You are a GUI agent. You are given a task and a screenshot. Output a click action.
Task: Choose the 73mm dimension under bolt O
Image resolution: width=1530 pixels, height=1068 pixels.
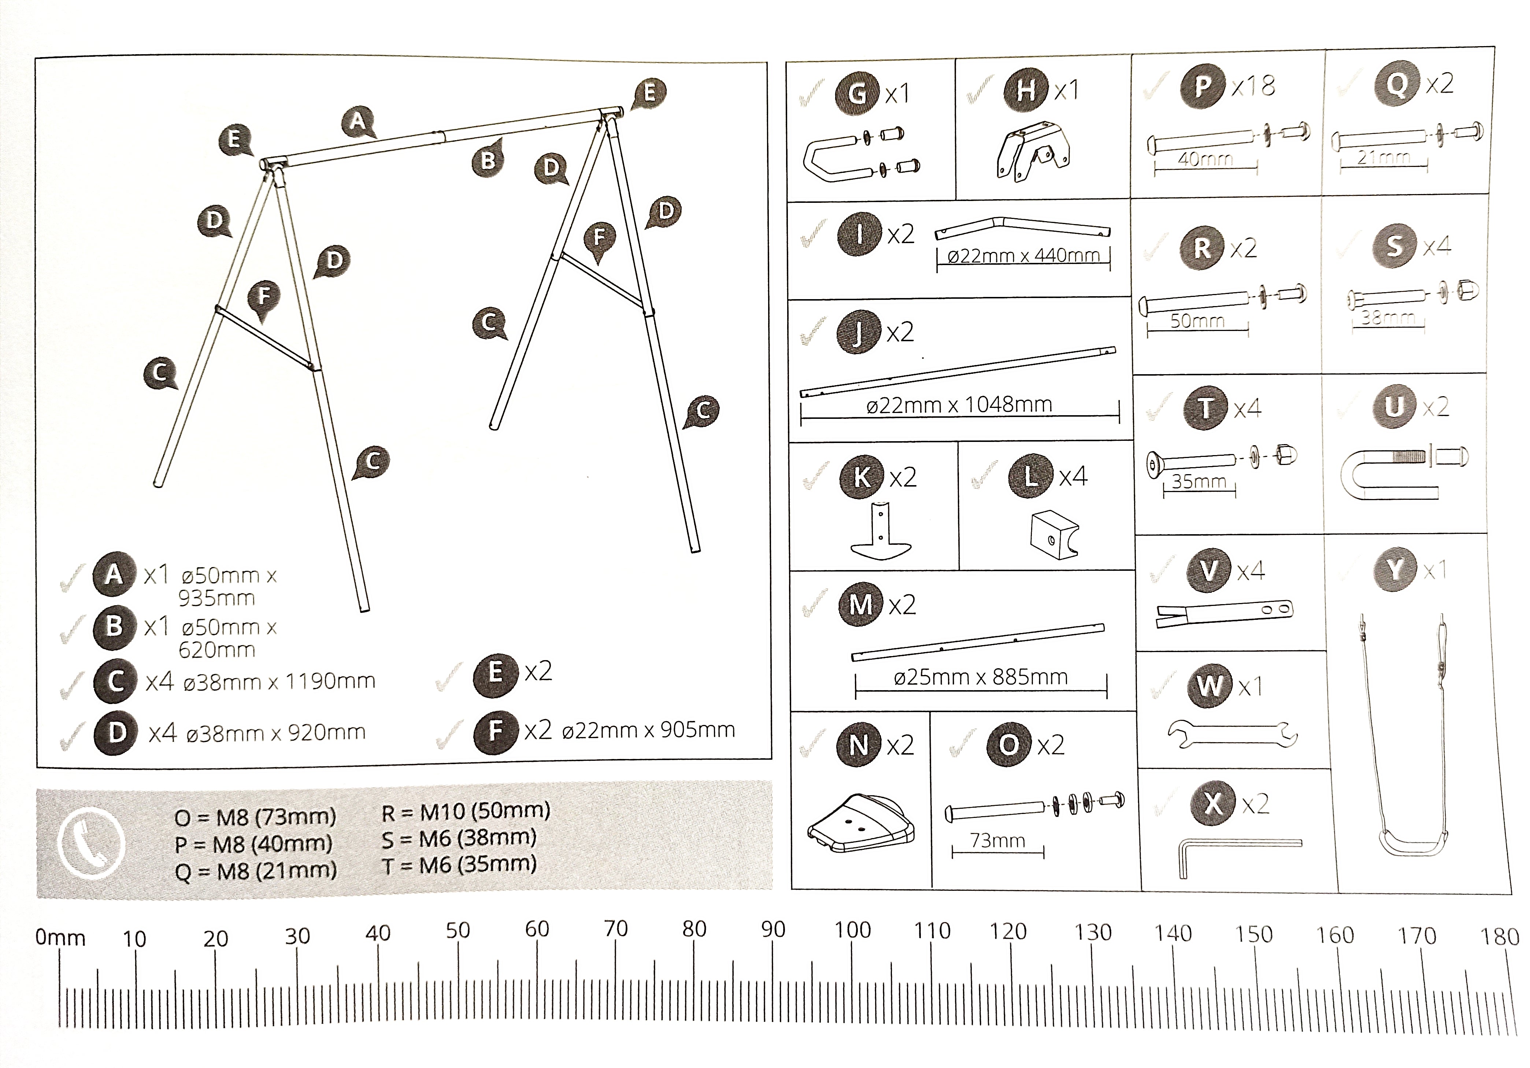(997, 841)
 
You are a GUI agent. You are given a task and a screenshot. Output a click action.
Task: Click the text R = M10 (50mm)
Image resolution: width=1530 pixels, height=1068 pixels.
(466, 811)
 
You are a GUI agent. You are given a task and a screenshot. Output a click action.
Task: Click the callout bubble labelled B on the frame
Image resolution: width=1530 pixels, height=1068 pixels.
(488, 159)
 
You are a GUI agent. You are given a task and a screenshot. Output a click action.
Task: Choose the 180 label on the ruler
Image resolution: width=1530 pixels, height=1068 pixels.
(1499, 937)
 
